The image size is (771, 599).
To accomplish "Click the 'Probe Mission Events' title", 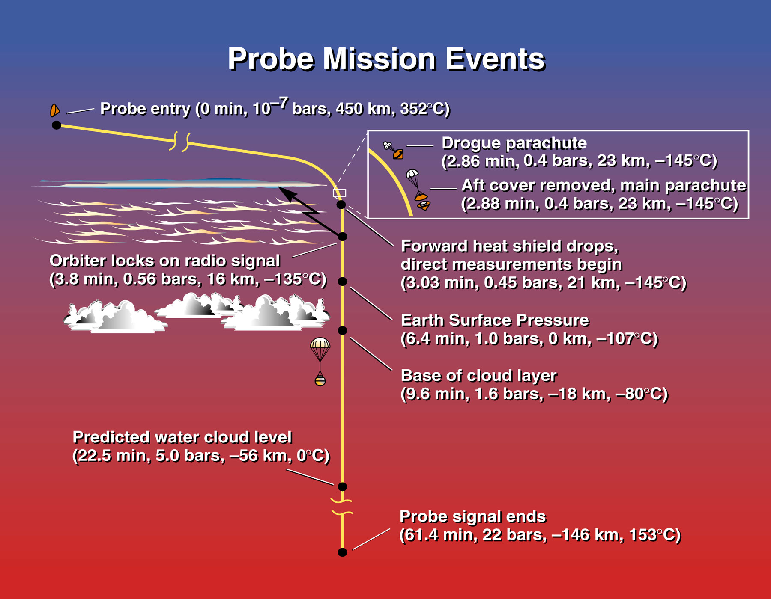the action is [386, 59].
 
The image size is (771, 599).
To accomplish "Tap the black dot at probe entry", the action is [57, 125].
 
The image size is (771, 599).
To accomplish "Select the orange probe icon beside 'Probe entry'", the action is [54, 110].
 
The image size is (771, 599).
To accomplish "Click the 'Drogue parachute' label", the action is [514, 143].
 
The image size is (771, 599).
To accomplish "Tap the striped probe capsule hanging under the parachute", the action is [320, 380].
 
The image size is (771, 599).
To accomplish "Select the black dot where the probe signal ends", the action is [342, 552].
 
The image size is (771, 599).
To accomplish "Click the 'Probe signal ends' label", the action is [473, 517].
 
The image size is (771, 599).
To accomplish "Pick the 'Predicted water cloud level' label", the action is [182, 437].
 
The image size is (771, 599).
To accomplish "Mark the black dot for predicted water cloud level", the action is [342, 486].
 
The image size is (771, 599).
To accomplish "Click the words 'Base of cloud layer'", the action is [478, 376].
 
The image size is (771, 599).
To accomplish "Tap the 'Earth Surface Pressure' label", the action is [495, 320].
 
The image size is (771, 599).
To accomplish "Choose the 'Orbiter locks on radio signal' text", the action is [164, 261].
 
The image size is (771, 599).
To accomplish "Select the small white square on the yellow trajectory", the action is [339, 193].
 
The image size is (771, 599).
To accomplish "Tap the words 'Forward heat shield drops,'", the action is [510, 246].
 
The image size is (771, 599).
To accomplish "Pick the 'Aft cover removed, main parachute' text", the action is [604, 185].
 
